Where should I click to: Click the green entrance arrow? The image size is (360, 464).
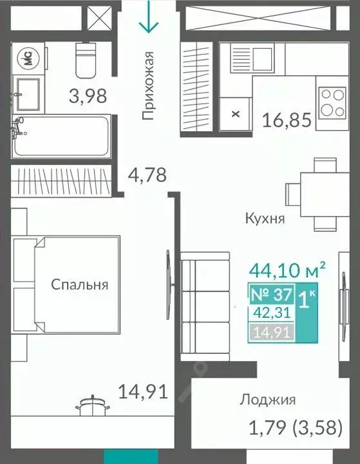click(x=149, y=18)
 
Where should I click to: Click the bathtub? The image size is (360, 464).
click(x=62, y=136)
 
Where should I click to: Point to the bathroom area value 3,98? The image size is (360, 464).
click(x=87, y=97)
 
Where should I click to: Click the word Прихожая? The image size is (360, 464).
click(x=149, y=86)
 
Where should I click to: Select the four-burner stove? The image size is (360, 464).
click(x=332, y=100)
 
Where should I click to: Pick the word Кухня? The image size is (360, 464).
click(x=265, y=218)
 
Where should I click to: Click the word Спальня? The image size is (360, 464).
click(x=80, y=284)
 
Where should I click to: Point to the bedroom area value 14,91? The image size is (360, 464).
click(x=142, y=390)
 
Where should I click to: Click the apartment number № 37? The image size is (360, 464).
click(x=271, y=297)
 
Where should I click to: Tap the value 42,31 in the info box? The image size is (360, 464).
click(x=271, y=315)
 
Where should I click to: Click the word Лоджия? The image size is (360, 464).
click(x=267, y=400)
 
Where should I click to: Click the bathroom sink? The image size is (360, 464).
click(x=26, y=95)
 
